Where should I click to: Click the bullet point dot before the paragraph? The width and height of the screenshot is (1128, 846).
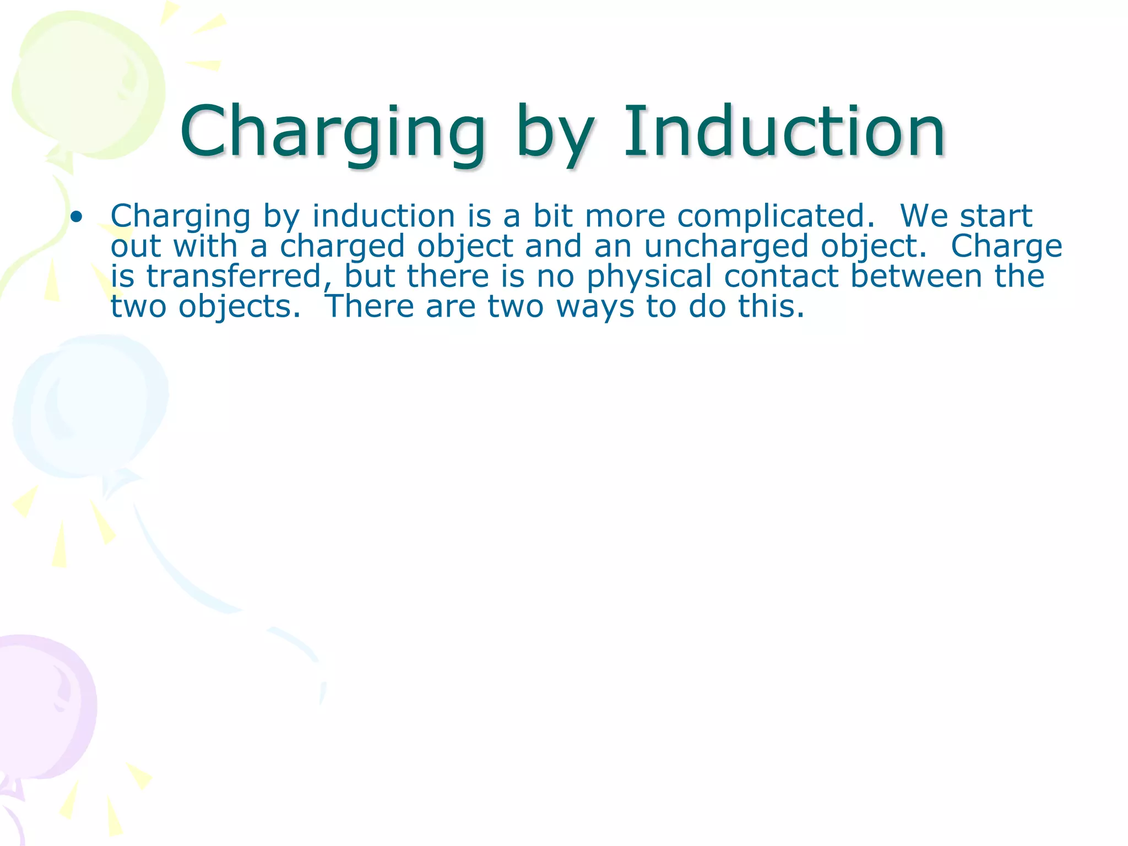[x=77, y=216]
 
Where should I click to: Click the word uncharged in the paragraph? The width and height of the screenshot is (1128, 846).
[x=726, y=246]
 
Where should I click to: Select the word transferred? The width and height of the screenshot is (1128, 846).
[x=234, y=276]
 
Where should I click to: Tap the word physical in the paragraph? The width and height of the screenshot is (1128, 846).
[x=649, y=277]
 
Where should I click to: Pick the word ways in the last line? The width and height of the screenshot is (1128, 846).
[x=595, y=307]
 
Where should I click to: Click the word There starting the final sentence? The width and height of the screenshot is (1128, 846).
[x=370, y=307]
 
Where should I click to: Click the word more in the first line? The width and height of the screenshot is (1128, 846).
[x=625, y=216]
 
